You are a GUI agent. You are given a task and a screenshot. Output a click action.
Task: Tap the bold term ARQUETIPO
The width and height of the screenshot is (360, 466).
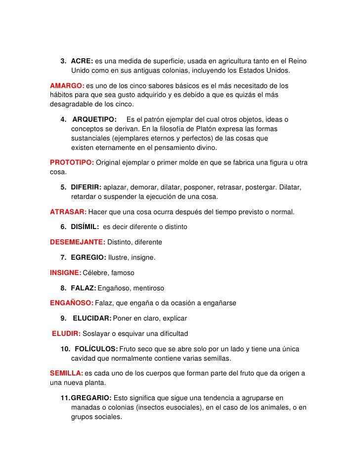pos(94,120)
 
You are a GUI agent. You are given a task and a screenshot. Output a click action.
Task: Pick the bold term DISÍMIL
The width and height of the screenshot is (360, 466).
pos(85,227)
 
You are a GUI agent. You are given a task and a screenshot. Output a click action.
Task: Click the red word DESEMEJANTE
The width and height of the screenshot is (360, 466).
pos(78,242)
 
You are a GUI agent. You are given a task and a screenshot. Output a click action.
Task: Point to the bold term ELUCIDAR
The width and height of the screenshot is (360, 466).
pos(92,318)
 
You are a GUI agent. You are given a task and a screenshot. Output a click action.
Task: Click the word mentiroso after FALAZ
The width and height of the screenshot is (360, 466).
pos(146,287)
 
